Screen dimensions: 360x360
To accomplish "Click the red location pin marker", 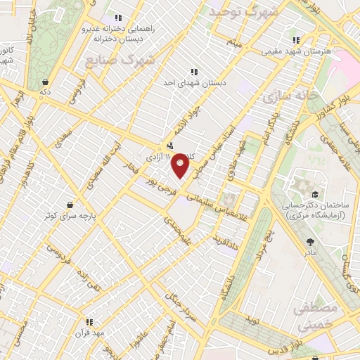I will [x=181, y=165].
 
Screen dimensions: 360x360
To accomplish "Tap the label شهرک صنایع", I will [x=119, y=59].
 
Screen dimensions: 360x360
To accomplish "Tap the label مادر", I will [x=310, y=251].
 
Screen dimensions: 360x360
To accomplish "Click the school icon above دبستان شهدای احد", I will [x=194, y=71].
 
